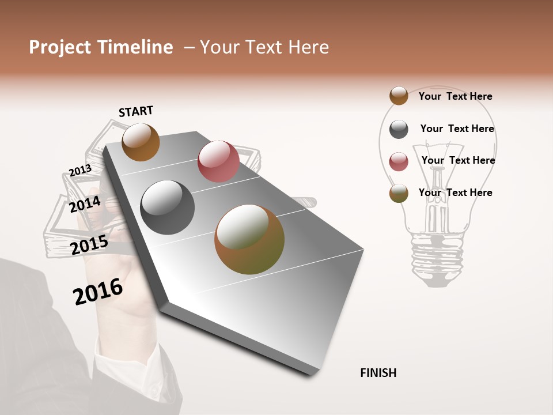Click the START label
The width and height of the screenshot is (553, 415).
tap(136, 111)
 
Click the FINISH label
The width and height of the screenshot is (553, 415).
tap(378, 373)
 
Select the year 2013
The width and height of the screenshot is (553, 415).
tap(80, 170)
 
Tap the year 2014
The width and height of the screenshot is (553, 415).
tap(85, 204)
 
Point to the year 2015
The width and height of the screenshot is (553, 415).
tap(89, 245)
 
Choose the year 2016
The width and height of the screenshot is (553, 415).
tap(98, 291)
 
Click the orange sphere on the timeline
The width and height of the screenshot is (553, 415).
tap(141, 142)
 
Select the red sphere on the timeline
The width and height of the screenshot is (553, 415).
tap(218, 161)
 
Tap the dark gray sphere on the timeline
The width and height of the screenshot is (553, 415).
tap(168, 207)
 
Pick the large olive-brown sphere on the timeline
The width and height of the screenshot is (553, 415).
tap(249, 239)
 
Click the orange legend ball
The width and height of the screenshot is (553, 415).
tap(399, 96)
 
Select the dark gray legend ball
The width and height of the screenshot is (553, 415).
tap(399, 129)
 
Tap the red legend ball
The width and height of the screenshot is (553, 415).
tap(399, 161)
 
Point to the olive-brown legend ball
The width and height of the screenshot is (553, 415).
tap(399, 193)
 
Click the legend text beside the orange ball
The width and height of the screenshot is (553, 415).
tap(455, 96)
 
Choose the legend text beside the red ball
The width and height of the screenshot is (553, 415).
tap(458, 160)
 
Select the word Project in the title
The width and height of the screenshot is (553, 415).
tap(58, 47)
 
